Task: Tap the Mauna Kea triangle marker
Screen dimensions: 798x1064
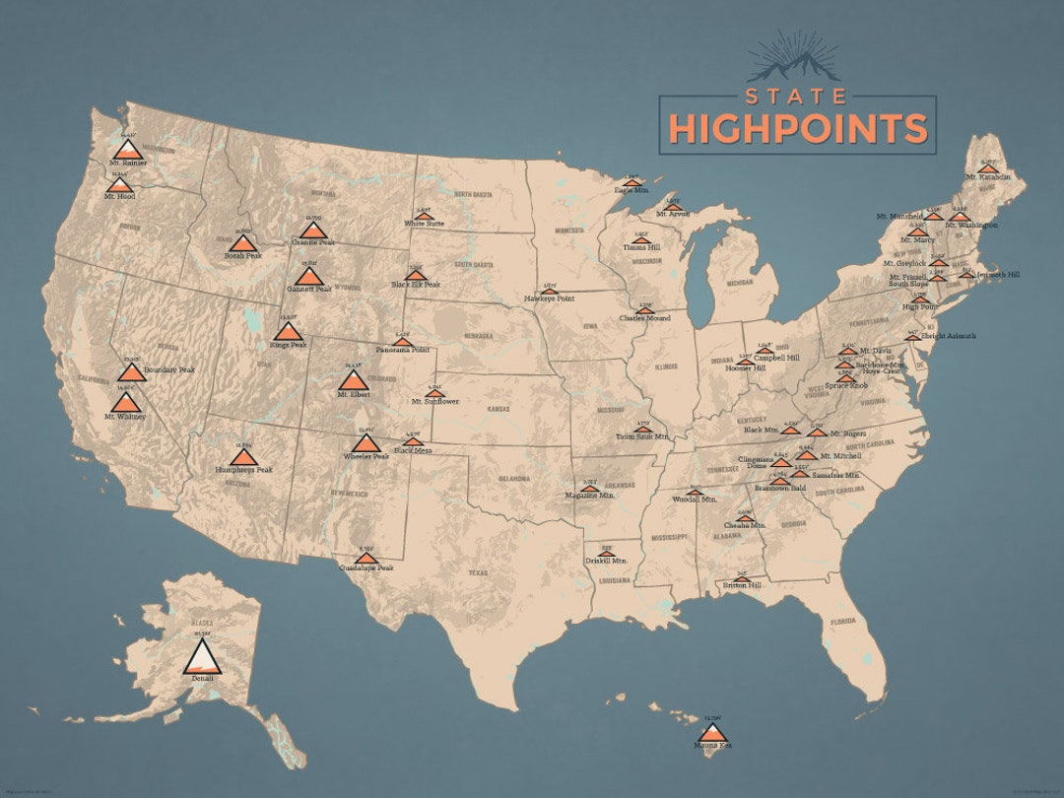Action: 713,732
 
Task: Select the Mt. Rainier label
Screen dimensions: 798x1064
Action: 128,163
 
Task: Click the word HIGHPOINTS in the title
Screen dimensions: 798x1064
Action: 798,128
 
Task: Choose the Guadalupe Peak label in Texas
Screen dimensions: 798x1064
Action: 366,568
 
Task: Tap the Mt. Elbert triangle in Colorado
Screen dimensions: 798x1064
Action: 352,379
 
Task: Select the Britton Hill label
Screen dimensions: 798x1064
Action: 742,585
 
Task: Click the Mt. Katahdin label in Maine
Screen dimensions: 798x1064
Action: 988,177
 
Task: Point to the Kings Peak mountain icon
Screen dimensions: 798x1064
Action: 288,331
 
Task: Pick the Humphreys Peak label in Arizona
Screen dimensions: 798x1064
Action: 243,470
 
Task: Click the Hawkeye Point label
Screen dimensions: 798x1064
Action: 549,297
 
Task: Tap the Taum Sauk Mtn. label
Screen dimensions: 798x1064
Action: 641,435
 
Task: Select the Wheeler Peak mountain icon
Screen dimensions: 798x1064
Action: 366,443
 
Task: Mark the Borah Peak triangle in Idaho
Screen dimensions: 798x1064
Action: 242,242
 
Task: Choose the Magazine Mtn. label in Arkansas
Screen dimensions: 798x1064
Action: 589,496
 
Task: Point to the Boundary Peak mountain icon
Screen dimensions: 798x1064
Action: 131,372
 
